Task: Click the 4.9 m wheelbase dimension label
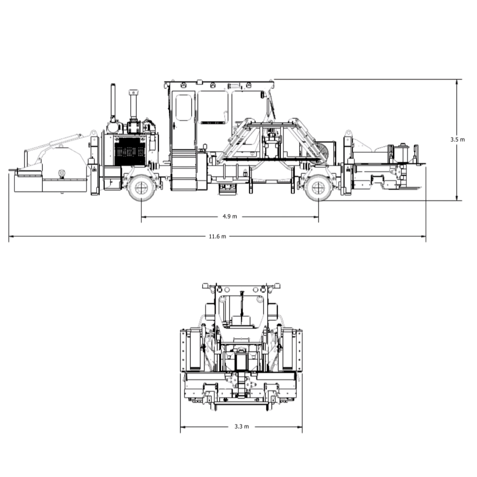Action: pyautogui.click(x=230, y=216)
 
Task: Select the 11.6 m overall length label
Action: pyautogui.click(x=218, y=236)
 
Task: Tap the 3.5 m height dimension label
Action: pyautogui.click(x=457, y=140)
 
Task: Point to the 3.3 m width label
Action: pyautogui.click(x=242, y=427)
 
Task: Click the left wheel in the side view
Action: pyautogui.click(x=141, y=188)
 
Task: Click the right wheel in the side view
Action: pyautogui.click(x=319, y=188)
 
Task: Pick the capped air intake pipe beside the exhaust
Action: pyautogui.click(x=133, y=105)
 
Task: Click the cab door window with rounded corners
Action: pyautogui.click(x=184, y=108)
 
